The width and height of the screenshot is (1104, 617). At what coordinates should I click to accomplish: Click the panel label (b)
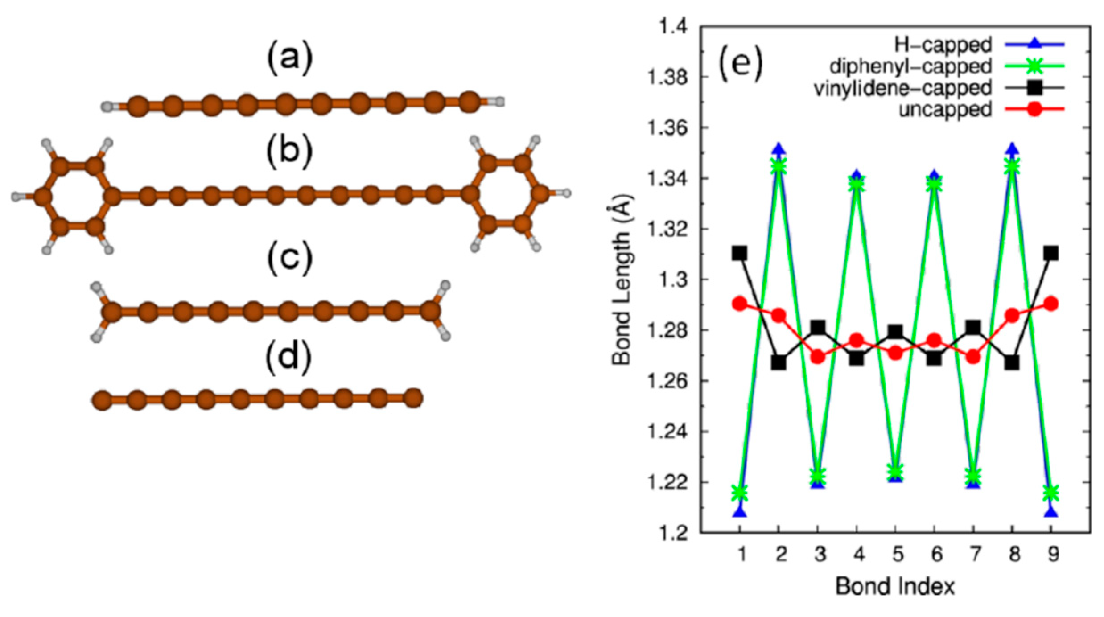pyautogui.click(x=289, y=152)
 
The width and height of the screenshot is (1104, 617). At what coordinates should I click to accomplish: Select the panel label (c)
pyautogui.click(x=289, y=258)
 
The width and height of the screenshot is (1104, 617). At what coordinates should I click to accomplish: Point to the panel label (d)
pyautogui.click(x=288, y=358)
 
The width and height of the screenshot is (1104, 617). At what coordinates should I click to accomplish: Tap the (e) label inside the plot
pyautogui.click(x=740, y=65)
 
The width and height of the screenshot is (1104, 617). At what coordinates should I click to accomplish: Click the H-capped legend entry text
pyautogui.click(x=943, y=45)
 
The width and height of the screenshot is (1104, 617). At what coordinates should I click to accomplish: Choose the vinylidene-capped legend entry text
pyautogui.click(x=902, y=88)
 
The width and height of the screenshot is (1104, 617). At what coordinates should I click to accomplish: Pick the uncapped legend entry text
pyautogui.click(x=945, y=109)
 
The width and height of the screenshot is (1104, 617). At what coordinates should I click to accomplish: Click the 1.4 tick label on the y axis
pyautogui.click(x=673, y=28)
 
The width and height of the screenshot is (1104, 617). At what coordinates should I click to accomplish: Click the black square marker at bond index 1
pyautogui.click(x=739, y=253)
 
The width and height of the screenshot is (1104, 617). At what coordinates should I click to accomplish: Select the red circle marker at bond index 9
pyautogui.click(x=1051, y=304)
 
